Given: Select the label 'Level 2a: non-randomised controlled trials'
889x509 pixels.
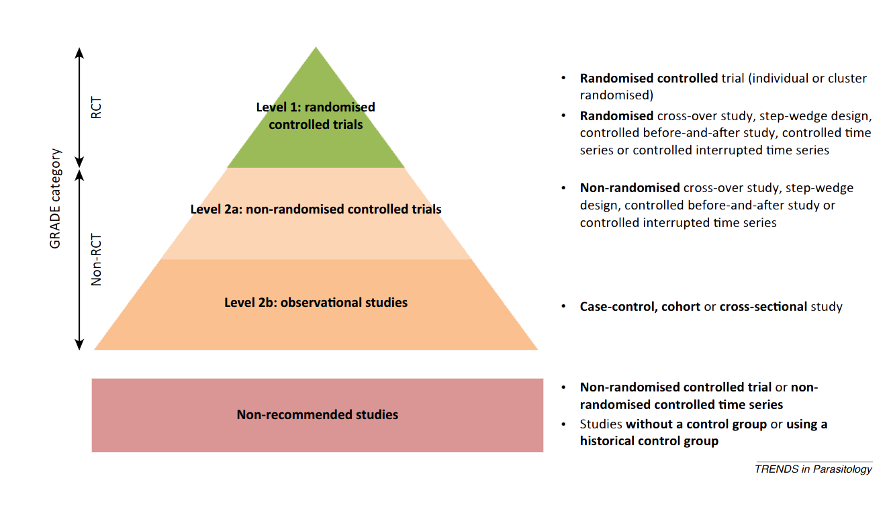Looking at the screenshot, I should coord(316,209).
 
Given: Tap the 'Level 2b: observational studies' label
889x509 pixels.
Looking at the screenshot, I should coord(316,302).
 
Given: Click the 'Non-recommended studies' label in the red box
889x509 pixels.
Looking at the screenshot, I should coord(317,414).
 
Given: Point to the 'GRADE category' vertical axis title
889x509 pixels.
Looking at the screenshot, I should coord(56,199).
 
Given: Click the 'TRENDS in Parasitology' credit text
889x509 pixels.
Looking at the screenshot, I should coord(813,469).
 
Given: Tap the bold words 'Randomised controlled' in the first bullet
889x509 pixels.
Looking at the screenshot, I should coord(649,78).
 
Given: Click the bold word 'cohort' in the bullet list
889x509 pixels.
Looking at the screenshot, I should coord(681,307).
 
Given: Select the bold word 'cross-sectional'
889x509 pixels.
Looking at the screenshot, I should coord(763,307).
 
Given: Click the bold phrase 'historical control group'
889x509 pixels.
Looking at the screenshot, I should coord(649,441).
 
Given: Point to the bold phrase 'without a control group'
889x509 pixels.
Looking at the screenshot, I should coord(696,424).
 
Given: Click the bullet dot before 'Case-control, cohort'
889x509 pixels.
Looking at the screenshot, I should coord(564,307).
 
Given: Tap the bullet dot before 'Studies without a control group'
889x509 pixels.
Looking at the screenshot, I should coord(564,424).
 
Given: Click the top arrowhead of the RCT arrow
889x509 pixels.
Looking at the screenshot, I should coord(79,52).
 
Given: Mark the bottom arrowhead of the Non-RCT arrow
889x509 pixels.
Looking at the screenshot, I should coord(79,344).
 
